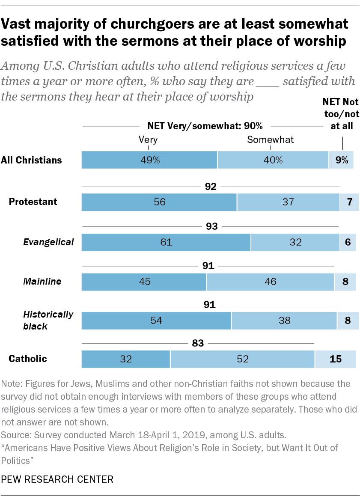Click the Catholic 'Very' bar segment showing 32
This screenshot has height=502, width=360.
[125, 359]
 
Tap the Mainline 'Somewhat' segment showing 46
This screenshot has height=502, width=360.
[270, 281]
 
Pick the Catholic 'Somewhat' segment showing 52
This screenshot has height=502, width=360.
[242, 359]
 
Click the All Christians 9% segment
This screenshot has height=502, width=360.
[341, 160]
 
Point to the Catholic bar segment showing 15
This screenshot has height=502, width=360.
[336, 359]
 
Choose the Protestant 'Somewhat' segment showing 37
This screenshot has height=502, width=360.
[288, 202]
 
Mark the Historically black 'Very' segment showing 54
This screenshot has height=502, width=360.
[156, 321]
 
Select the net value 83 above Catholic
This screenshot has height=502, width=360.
[198, 343]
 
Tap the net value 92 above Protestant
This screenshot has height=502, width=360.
[211, 187]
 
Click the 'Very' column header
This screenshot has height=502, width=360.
[148, 140]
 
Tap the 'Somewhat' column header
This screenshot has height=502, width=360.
[270, 140]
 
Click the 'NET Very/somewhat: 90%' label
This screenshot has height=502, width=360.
[205, 126]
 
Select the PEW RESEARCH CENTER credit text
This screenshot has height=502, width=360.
[57, 479]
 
